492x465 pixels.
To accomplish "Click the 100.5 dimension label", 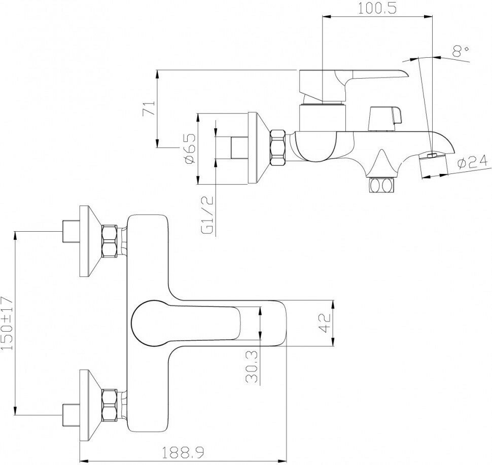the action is (377, 8).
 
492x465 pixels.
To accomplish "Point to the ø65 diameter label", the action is (190, 148).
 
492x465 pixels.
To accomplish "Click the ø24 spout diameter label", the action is (473, 162).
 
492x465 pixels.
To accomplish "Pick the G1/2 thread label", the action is (207, 214).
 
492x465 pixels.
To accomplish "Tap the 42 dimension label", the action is (324, 323).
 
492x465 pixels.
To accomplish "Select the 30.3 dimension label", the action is (252, 367).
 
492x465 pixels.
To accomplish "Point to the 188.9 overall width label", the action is (183, 452).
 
